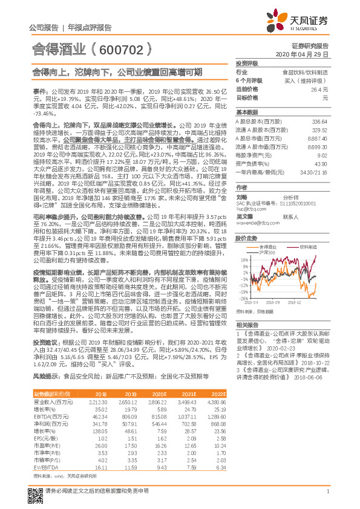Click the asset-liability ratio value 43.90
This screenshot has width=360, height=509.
[319, 164]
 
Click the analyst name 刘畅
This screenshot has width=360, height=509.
[242, 197]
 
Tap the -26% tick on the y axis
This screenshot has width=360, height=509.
[243, 298]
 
